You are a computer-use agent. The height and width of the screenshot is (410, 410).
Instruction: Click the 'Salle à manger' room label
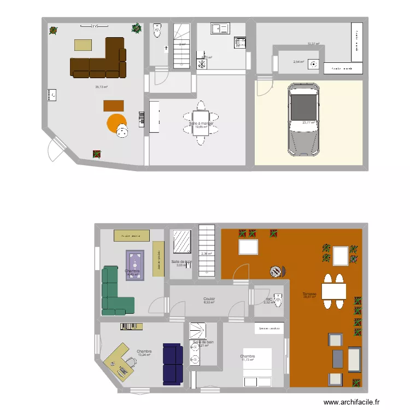[201, 124]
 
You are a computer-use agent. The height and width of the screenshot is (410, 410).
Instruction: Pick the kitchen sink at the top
[221, 29]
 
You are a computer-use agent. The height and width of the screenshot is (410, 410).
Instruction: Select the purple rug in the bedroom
[135, 265]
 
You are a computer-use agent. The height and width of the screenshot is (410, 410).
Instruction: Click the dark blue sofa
[172, 364]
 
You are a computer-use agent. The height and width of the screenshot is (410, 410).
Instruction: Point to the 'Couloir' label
[209, 299]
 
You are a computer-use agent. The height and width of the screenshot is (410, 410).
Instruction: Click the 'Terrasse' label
[309, 294]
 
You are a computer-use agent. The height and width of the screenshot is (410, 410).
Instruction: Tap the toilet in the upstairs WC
[278, 300]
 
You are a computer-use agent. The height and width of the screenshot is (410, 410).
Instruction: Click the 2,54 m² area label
[298, 62]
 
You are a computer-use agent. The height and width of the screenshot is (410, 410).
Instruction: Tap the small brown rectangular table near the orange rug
[114, 106]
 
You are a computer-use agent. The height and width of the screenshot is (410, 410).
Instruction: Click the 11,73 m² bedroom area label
[248, 359]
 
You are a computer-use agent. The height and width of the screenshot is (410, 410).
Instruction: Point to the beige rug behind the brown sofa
[84, 45]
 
